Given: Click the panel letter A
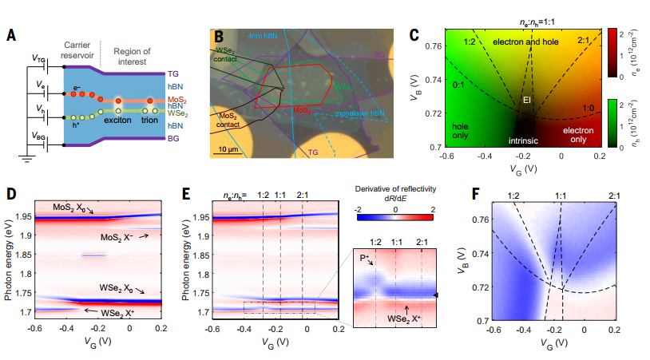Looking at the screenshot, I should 10,35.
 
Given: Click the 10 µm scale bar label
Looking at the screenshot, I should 229,149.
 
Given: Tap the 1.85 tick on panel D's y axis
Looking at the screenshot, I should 22,255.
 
